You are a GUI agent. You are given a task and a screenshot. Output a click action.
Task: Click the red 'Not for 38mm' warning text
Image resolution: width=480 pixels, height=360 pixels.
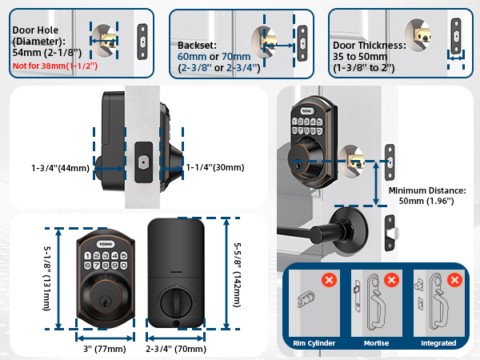(x=54, y=65)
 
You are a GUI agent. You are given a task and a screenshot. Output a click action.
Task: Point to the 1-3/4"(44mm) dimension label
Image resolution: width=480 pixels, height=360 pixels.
(x=61, y=169)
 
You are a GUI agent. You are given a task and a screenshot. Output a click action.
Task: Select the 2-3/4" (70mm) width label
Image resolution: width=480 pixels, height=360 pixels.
(x=177, y=349)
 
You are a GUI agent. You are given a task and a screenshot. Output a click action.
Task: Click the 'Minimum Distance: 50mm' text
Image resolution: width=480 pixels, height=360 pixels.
(x=426, y=197)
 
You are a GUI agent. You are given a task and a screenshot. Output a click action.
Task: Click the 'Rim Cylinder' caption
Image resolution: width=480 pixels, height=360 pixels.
(x=313, y=343)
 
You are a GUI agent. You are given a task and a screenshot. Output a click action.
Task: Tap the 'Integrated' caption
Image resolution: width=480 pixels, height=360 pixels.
(x=437, y=343)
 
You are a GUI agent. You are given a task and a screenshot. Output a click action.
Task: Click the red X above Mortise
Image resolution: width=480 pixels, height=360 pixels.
(x=392, y=280)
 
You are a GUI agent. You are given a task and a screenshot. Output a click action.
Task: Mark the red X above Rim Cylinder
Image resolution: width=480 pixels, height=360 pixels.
(x=328, y=280)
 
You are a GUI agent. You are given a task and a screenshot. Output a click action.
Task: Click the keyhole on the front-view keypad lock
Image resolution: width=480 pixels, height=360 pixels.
(x=104, y=294)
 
